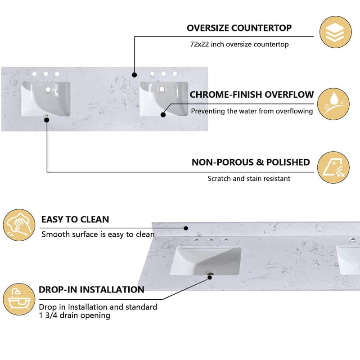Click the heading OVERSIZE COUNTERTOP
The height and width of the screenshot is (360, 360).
pyautogui.click(x=239, y=28)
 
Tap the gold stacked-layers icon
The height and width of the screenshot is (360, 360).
pyautogui.click(x=336, y=32)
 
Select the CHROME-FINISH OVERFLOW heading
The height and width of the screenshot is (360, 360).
pyautogui.click(x=252, y=94)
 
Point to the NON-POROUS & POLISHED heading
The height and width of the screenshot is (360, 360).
pyautogui.click(x=251, y=162)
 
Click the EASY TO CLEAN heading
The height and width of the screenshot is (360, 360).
pyautogui.click(x=75, y=220)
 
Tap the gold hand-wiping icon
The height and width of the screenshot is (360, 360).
pyautogui.click(x=18, y=225)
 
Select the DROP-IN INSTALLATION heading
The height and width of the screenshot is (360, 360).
pyautogui.click(x=91, y=289)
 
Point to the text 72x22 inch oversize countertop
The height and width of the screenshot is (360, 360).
pyautogui.click(x=239, y=45)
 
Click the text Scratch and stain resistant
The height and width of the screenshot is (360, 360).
pyautogui.click(x=249, y=179)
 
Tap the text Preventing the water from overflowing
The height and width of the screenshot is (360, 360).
pyautogui.click(x=252, y=111)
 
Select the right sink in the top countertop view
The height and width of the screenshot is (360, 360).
pyautogui.click(x=164, y=98)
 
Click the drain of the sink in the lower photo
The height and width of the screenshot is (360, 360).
pyautogui.click(x=210, y=273)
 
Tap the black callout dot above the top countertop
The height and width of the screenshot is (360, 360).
pyautogui.click(x=134, y=74)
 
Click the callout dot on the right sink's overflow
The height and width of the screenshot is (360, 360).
pyautogui.click(x=163, y=115)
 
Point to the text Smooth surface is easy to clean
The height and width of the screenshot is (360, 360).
pyautogui.click(x=98, y=234)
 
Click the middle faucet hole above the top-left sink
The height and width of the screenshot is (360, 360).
pyautogui.click(x=45, y=74)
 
